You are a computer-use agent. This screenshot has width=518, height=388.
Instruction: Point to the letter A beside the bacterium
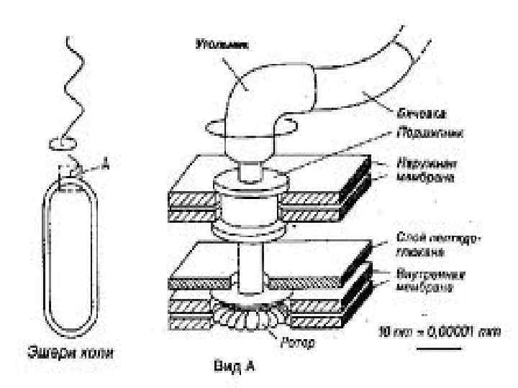click(x=106, y=165)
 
